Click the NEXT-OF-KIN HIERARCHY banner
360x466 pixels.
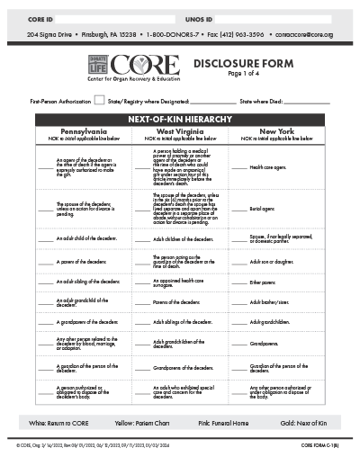coord(180,120)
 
